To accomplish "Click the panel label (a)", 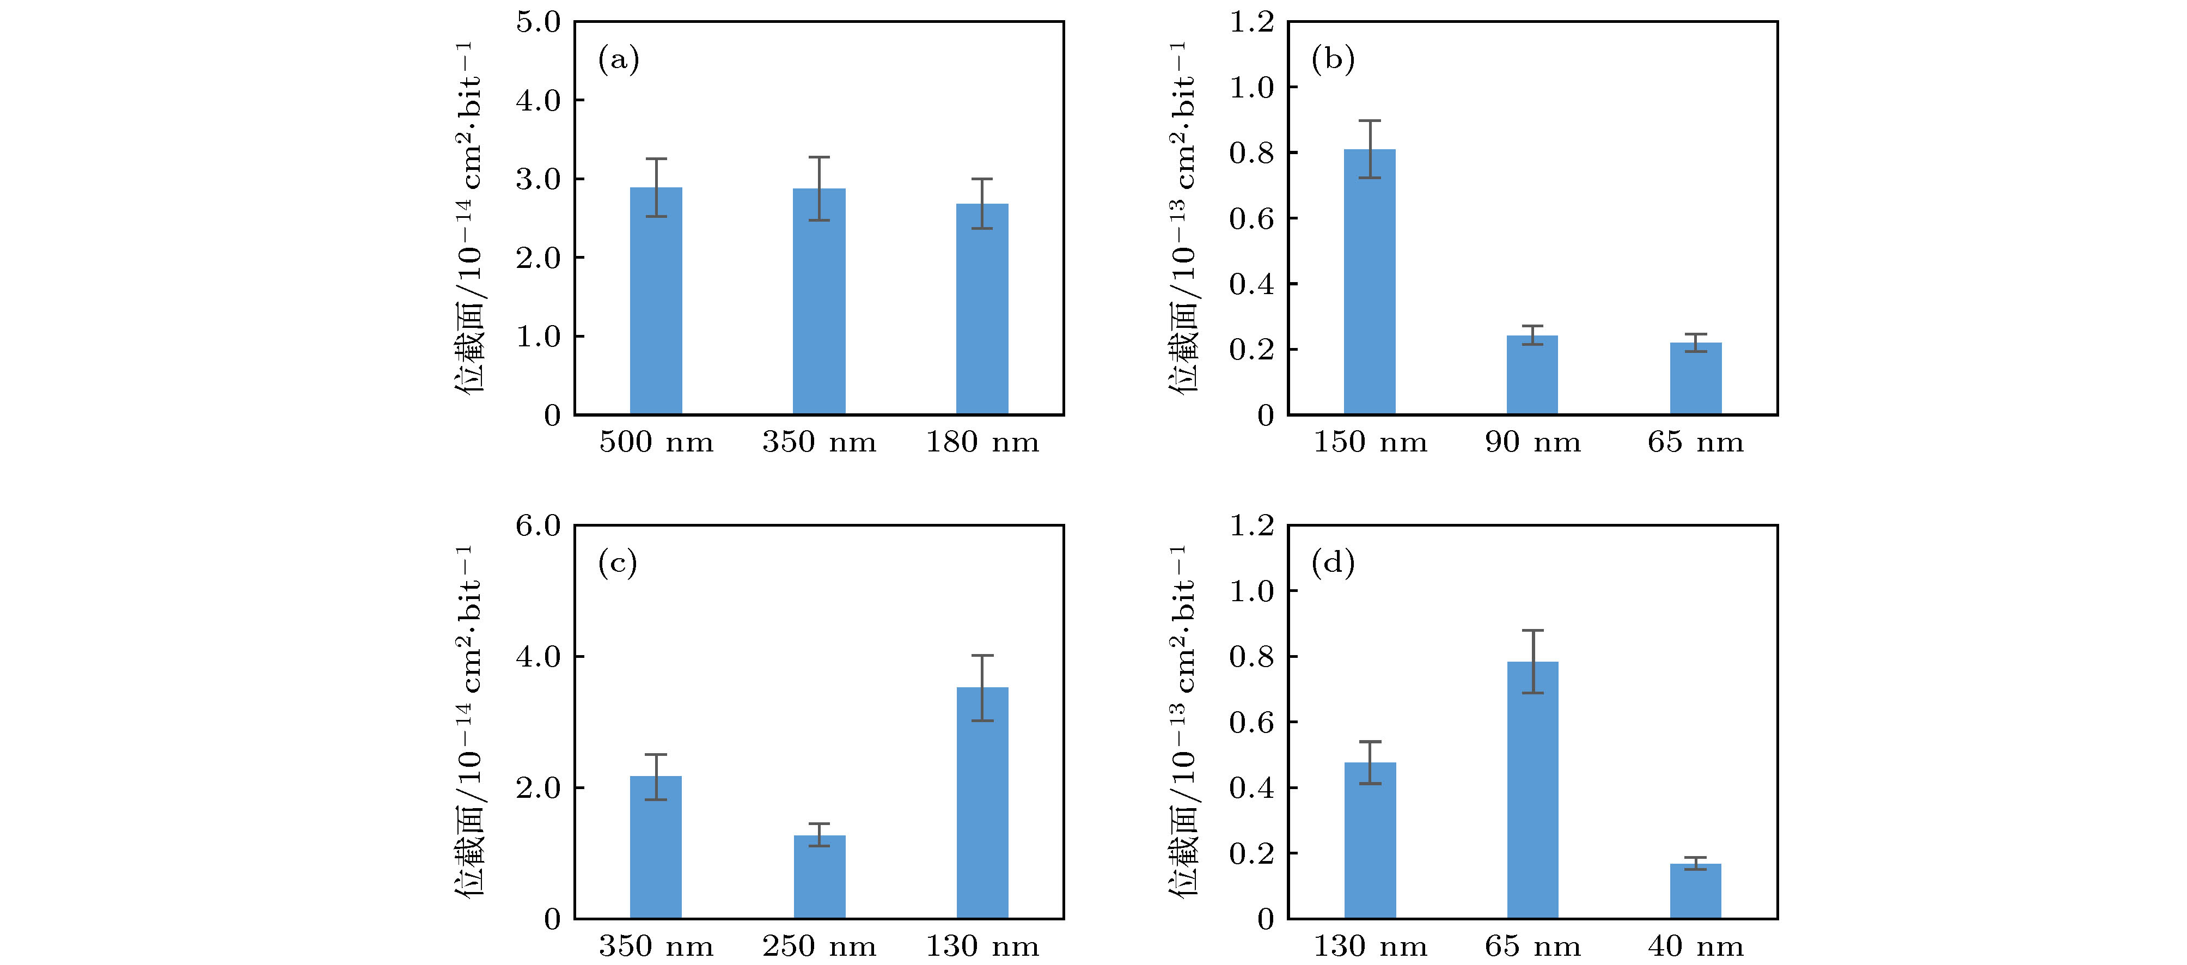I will (x=618, y=59).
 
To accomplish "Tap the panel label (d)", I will (x=1332, y=563).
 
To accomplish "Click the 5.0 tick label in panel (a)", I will (x=538, y=23).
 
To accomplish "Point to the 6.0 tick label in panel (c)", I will (x=538, y=526).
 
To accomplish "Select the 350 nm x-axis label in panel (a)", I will (x=818, y=442).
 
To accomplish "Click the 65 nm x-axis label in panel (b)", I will (x=1695, y=442).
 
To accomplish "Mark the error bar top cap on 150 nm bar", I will (x=1370, y=120).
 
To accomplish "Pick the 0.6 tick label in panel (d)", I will (x=1253, y=722).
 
